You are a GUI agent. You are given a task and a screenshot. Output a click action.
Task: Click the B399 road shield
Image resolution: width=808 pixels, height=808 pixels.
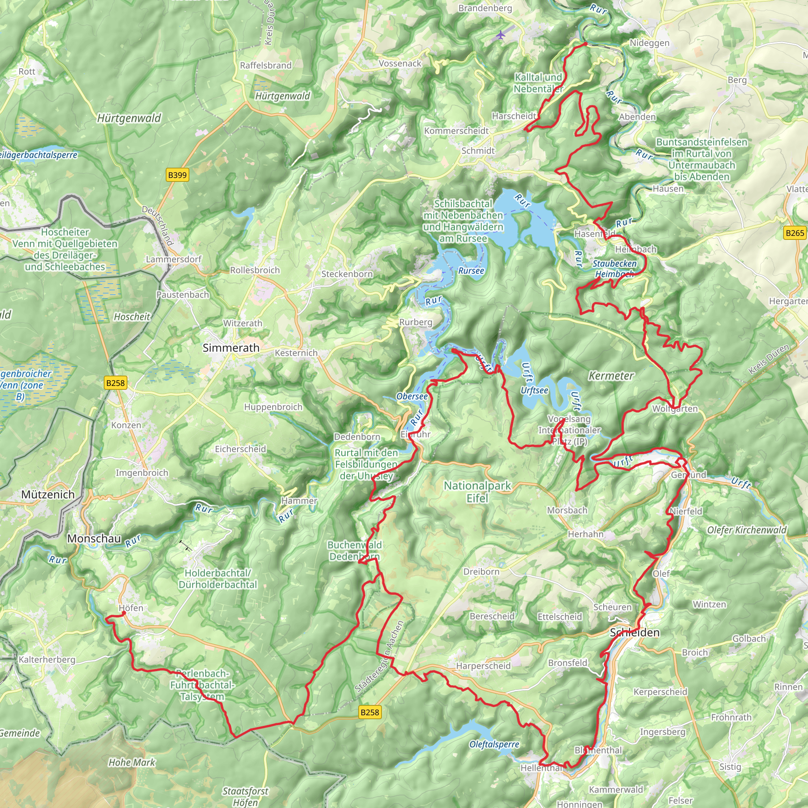click(177, 175)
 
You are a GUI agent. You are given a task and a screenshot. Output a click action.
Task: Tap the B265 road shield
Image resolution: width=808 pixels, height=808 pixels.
click(794, 233)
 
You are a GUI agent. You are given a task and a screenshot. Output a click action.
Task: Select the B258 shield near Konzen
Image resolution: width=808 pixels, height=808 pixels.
click(116, 383)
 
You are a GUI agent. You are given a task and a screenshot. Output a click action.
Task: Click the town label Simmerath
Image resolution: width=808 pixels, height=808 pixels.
click(231, 348)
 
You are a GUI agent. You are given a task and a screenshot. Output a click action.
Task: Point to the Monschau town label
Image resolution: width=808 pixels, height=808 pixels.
click(94, 538)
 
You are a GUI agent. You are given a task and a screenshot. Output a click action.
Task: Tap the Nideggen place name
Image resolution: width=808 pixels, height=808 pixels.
click(649, 43)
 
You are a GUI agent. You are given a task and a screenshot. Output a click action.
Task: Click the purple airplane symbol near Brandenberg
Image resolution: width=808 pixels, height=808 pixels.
click(500, 35)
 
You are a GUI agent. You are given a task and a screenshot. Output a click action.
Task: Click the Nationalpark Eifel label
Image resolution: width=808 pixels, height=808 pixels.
click(477, 492)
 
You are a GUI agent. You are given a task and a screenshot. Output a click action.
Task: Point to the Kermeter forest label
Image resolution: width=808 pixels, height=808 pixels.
click(611, 376)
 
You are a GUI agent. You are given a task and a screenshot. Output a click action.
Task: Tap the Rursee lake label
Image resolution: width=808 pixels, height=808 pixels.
click(471, 271)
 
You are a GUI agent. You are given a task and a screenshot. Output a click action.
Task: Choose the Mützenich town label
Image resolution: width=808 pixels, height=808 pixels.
click(48, 494)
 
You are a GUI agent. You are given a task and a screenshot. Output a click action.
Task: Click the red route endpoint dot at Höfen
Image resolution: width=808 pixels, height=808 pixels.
click(123, 613)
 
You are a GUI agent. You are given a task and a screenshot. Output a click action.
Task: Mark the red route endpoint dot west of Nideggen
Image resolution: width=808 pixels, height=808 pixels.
click(585, 43)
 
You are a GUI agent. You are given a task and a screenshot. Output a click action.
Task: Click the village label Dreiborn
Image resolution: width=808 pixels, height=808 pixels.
click(481, 572)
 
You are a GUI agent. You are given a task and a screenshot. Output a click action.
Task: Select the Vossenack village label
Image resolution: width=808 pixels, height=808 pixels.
click(400, 64)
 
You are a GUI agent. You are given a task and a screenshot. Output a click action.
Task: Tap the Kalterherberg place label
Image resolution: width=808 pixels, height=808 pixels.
click(47, 660)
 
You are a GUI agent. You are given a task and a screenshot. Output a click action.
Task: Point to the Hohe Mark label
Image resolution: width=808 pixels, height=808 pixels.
click(132, 762)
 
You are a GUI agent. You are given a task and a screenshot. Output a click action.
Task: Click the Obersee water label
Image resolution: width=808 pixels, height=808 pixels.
click(412, 396)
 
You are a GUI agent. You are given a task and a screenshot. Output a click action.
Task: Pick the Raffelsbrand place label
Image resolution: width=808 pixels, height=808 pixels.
click(266, 65)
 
